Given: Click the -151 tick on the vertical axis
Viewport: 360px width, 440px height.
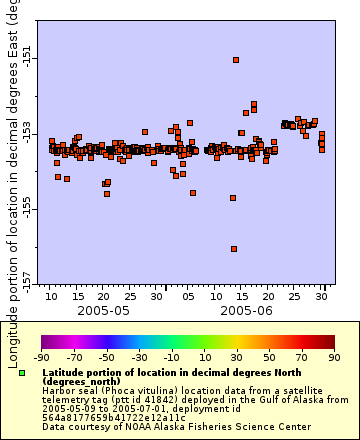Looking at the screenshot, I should [27, 59].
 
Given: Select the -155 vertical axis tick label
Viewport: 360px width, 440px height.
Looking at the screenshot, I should [27, 205].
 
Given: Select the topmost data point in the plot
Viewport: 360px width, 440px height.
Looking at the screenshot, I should [236, 60].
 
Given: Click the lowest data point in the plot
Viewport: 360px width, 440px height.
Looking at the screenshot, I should [234, 249].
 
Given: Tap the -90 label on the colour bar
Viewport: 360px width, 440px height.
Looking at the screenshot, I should [41, 356].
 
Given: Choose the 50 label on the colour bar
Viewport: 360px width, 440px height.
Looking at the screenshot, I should [270, 356].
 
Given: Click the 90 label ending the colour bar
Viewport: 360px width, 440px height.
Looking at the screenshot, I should [333, 356].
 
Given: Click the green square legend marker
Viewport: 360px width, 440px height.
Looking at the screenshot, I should [22, 373].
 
